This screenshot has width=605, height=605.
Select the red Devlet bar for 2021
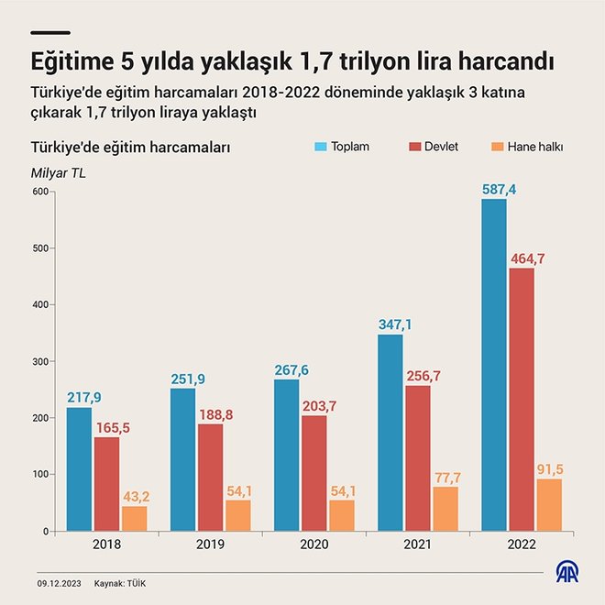coord(418,458)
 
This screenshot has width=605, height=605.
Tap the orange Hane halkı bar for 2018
coord(134,519)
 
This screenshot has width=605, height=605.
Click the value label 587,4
coord(500,190)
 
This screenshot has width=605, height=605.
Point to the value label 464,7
coord(527,259)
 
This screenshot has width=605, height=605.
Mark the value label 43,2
coord(136,497)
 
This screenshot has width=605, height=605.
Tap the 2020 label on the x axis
coord(288,544)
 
